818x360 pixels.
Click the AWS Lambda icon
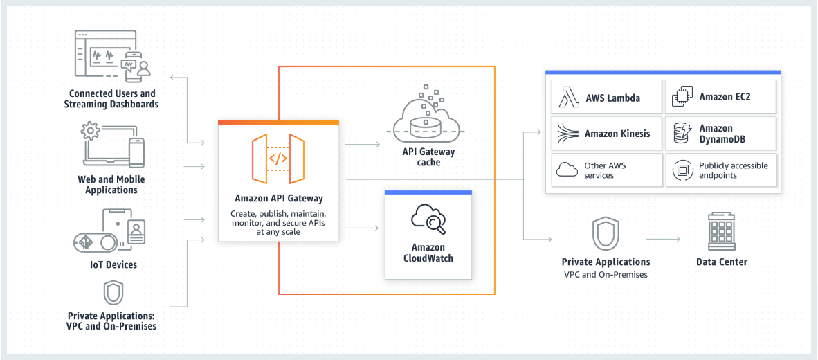point(570,98)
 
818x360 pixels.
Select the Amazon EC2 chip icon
point(682,98)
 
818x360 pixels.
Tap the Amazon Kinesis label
point(617,134)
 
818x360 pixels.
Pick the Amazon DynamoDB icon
point(682,134)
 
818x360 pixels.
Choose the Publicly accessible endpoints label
point(733,170)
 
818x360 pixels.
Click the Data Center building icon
point(721,231)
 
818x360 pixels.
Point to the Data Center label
point(721,262)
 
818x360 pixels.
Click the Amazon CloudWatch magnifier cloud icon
point(428,219)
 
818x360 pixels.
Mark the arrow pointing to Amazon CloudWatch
point(362,227)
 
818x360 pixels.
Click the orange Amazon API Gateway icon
point(278,159)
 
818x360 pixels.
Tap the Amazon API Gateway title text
point(278,199)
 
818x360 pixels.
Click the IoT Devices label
point(113,264)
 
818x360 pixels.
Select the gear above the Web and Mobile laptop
point(90,131)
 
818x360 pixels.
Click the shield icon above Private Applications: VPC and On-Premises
point(113,293)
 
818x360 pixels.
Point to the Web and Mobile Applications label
point(111,184)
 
